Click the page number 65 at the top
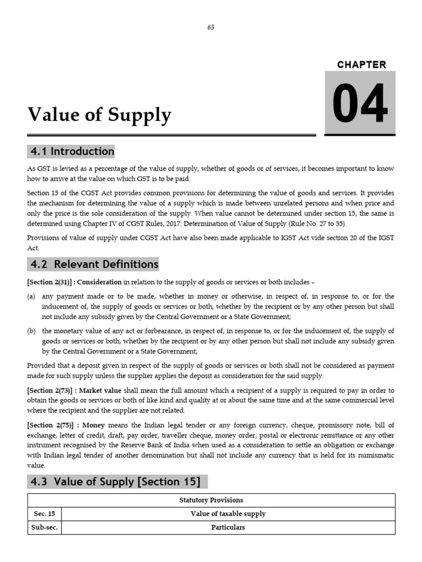[211, 28]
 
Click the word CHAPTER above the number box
[362, 65]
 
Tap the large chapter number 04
[360, 103]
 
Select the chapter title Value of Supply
[99, 115]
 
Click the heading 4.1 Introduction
[71, 151]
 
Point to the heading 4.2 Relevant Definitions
[94, 264]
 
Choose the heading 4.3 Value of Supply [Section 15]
[115, 482]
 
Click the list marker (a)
[31, 296]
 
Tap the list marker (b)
[31, 331]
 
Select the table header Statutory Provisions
[211, 500]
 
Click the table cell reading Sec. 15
[44, 514]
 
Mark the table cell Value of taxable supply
[228, 514]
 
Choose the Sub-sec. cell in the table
[44, 527]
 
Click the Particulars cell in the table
[228, 527]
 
